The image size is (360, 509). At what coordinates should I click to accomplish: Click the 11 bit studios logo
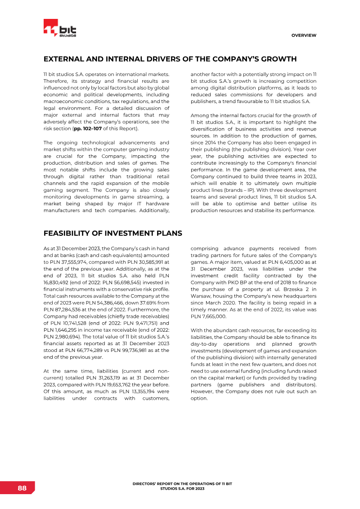click(59, 30)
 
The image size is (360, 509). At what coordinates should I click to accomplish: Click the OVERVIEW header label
click(303, 35)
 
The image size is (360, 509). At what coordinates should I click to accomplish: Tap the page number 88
click(22, 488)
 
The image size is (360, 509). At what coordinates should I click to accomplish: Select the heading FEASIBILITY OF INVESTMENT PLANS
click(112, 233)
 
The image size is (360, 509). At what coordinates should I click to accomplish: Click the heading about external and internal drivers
click(170, 59)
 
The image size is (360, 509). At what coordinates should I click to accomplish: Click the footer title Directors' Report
click(182, 486)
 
